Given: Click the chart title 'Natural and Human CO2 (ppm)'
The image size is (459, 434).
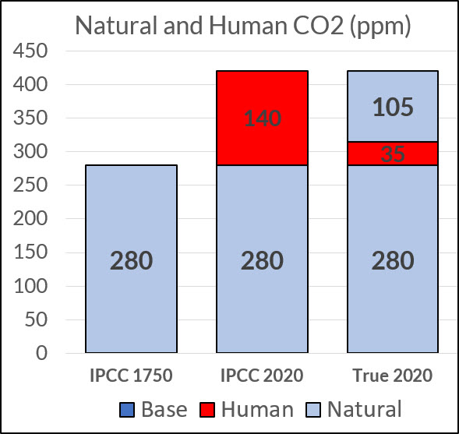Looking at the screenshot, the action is pyautogui.click(x=243, y=26).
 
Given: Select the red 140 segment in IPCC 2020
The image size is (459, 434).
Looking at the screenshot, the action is pyautogui.click(x=262, y=118).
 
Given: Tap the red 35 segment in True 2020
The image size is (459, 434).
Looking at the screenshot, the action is pyautogui.click(x=393, y=153).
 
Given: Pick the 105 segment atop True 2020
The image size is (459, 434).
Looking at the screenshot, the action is pyautogui.click(x=393, y=106).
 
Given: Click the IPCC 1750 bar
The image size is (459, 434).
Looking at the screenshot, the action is pyautogui.click(x=131, y=259).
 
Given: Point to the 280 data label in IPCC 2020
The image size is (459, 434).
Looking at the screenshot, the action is pyautogui.click(x=262, y=260).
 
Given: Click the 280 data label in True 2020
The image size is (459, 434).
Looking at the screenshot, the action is pyautogui.click(x=393, y=260).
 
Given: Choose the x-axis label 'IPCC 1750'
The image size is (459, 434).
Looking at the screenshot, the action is pyautogui.click(x=131, y=376).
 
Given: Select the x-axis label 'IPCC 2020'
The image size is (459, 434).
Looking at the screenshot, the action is pyautogui.click(x=262, y=376).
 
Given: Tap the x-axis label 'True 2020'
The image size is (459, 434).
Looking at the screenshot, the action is pyautogui.click(x=393, y=376).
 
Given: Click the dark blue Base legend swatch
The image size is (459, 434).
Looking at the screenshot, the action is pyautogui.click(x=127, y=409).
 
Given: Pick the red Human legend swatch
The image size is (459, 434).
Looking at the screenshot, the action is pyautogui.click(x=207, y=409).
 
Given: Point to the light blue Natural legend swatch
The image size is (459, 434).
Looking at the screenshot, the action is pyautogui.click(x=313, y=409).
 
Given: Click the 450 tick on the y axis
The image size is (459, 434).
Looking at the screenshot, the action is pyautogui.click(x=30, y=51).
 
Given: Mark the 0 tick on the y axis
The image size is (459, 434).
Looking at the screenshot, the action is pyautogui.click(x=41, y=353).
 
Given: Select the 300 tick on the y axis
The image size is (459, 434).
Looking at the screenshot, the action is pyautogui.click(x=30, y=152).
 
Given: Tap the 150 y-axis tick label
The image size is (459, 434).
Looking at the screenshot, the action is pyautogui.click(x=30, y=252).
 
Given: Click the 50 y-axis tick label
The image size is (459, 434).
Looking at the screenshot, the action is pyautogui.click(x=36, y=319).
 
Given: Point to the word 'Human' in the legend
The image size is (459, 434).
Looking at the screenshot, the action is pyautogui.click(x=257, y=409).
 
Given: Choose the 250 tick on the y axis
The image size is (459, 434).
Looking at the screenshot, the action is pyautogui.click(x=30, y=185).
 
